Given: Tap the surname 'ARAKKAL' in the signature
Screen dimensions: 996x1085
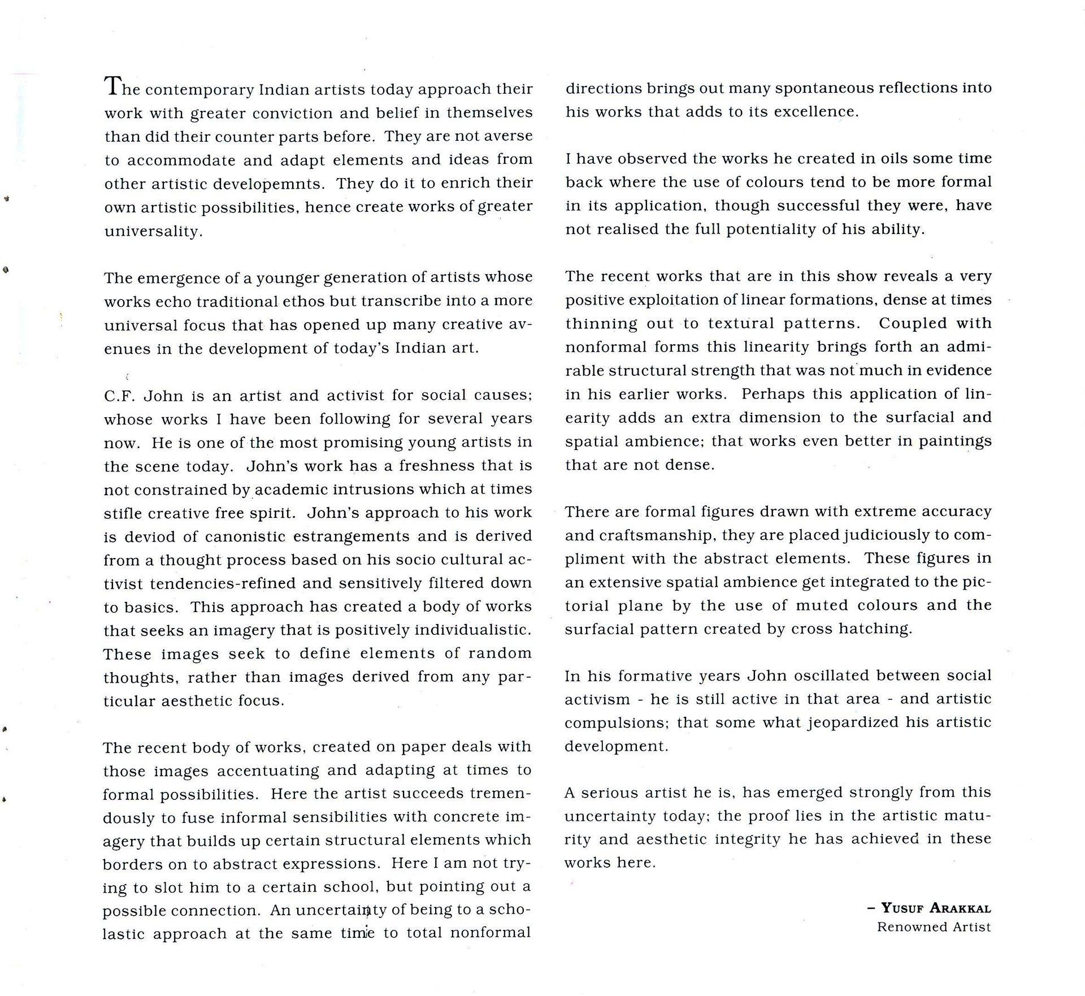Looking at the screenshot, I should click(x=960, y=909).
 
